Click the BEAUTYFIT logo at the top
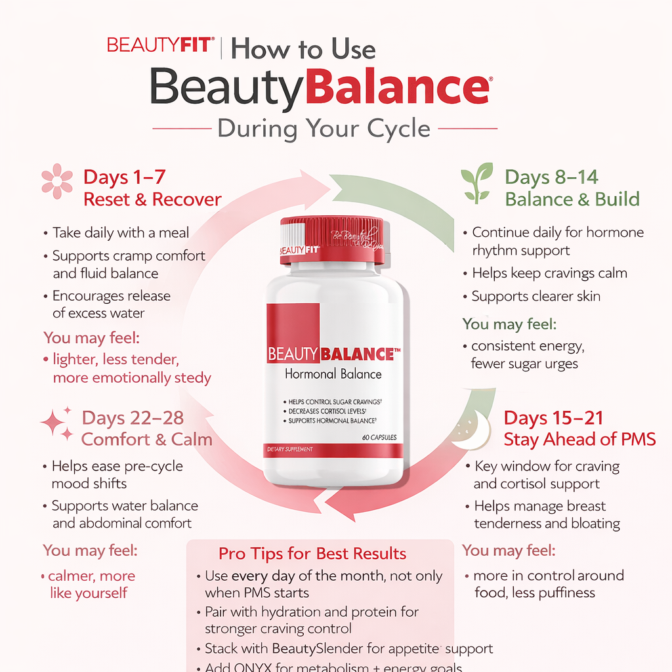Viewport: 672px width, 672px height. click(x=159, y=45)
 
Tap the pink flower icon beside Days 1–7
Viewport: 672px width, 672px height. click(x=57, y=180)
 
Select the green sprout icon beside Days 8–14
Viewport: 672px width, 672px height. click(x=477, y=183)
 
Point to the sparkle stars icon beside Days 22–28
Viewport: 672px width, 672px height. click(x=57, y=423)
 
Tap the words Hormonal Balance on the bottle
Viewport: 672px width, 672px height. click(x=333, y=374)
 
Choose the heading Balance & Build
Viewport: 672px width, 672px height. click(x=572, y=199)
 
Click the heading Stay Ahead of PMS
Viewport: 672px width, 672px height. click(x=579, y=440)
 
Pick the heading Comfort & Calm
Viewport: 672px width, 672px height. click(x=146, y=440)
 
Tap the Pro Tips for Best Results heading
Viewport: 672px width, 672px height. click(x=312, y=553)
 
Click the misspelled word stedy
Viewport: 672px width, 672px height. click(x=192, y=378)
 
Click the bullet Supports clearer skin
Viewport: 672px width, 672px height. click(x=535, y=296)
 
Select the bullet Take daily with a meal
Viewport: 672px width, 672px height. click(x=120, y=232)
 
